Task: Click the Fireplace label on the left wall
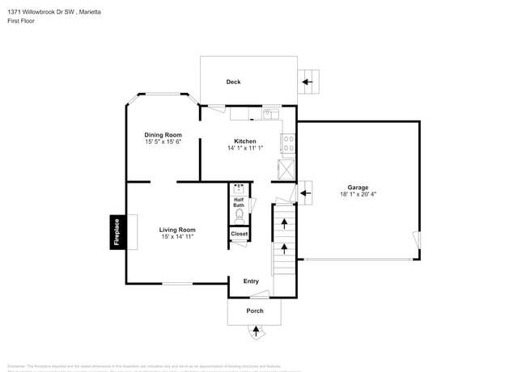[117, 232]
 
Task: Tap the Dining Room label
[163, 135]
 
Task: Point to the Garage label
[358, 187]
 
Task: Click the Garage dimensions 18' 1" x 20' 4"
[358, 194]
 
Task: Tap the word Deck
[233, 82]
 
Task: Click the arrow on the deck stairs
[308, 81]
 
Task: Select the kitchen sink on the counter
[266, 115]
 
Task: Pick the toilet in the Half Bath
[239, 216]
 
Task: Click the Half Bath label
[239, 202]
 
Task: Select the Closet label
[240, 234]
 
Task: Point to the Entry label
[251, 281]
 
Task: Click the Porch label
[254, 311]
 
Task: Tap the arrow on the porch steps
[257, 330]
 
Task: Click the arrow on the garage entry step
[306, 192]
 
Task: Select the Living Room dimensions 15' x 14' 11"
[176, 237]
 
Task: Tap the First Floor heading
[22, 21]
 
